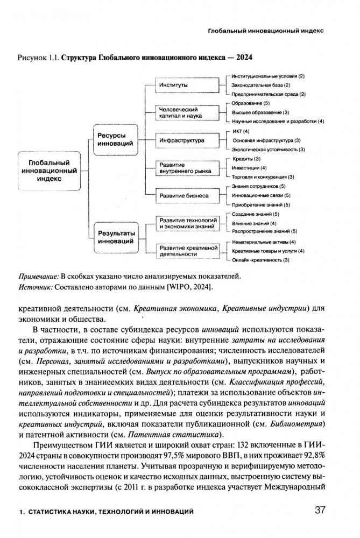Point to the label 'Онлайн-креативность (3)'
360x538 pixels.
coord(261,260)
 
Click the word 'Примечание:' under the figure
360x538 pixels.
coord(37,276)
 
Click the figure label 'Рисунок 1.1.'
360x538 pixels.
coord(38,56)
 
